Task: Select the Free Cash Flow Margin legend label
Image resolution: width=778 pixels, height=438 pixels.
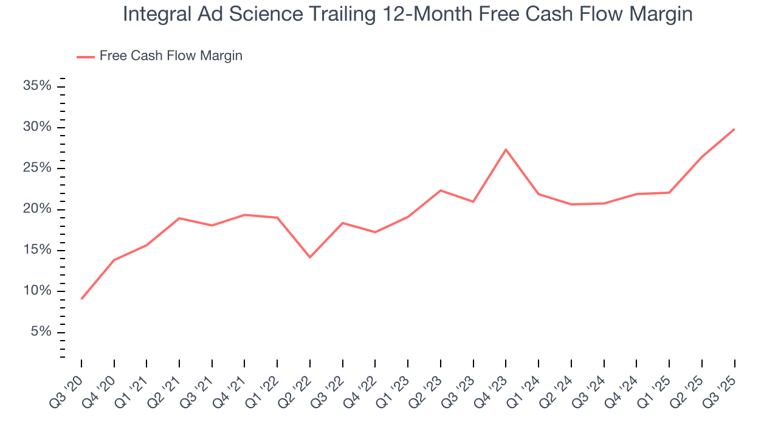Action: pyautogui.click(x=171, y=56)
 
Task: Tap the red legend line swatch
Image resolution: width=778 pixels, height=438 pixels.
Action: pyautogui.click(x=86, y=57)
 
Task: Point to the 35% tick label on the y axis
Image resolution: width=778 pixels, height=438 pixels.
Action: pyautogui.click(x=37, y=86)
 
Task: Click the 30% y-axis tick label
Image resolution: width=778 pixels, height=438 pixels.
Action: pyautogui.click(x=37, y=127)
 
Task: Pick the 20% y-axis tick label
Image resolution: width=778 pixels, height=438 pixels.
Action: pyautogui.click(x=37, y=209)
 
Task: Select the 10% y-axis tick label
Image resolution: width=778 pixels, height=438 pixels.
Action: pyautogui.click(x=37, y=291)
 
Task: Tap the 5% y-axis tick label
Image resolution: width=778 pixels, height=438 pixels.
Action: pyautogui.click(x=41, y=332)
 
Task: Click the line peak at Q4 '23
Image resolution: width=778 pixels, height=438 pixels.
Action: pyautogui.click(x=506, y=149)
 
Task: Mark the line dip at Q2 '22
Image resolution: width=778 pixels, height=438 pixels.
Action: pyautogui.click(x=310, y=257)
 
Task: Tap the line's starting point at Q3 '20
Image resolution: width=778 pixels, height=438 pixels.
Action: pyautogui.click(x=81, y=299)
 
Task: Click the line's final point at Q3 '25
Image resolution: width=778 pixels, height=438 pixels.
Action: pyautogui.click(x=734, y=129)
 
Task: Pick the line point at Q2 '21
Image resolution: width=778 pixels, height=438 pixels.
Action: pyautogui.click(x=179, y=218)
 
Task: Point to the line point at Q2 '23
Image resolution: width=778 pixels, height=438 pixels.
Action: pyautogui.click(x=441, y=190)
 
